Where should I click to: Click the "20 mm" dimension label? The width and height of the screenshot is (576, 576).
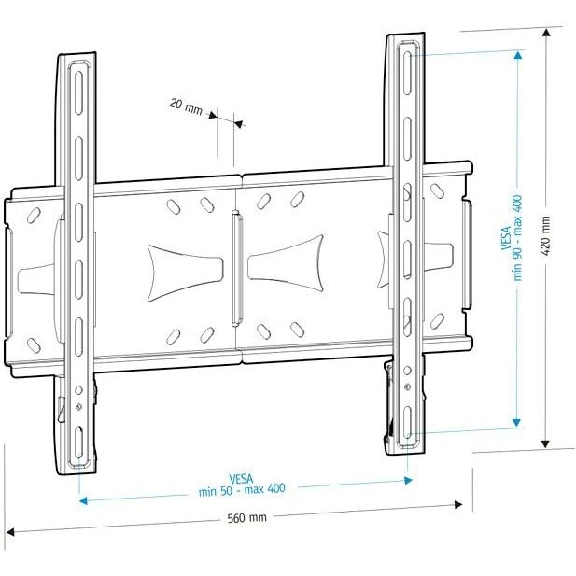click(x=186, y=105)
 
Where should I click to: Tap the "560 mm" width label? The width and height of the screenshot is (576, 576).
click(x=246, y=517)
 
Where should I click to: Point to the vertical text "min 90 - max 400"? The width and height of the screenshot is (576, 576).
click(x=517, y=237)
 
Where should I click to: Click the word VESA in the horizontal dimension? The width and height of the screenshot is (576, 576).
click(x=242, y=477)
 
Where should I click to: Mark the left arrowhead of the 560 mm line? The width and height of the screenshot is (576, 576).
click(x=11, y=533)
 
